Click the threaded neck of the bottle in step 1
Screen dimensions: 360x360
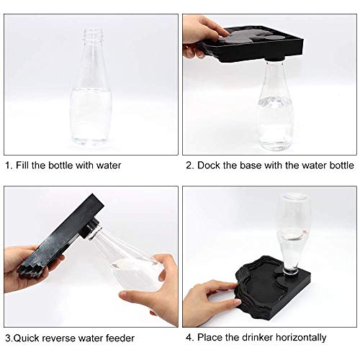point(92,36)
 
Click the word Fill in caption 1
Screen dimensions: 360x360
point(26,165)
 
